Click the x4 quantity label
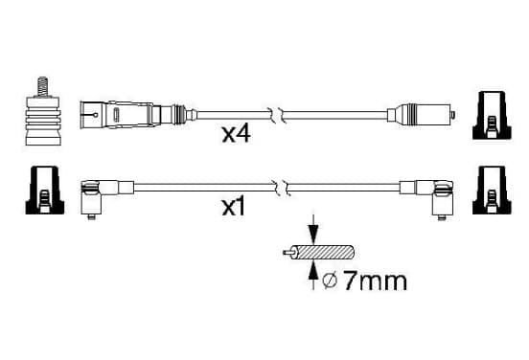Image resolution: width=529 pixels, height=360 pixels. [236, 134]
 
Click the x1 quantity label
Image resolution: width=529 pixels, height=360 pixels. [234, 207]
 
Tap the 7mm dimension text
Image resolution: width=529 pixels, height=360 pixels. [375, 281]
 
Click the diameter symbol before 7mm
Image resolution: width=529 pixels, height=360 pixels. [330, 281]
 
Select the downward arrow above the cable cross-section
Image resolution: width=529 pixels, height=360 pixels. [313, 229]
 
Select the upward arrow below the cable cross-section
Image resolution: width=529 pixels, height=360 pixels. [313, 276]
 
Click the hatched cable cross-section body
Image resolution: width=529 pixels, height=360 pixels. [326, 252]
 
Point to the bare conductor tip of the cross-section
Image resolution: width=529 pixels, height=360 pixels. [287, 252]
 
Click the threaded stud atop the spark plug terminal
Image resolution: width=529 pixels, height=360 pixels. [42, 87]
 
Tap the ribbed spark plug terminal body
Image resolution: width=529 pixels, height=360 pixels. [43, 121]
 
